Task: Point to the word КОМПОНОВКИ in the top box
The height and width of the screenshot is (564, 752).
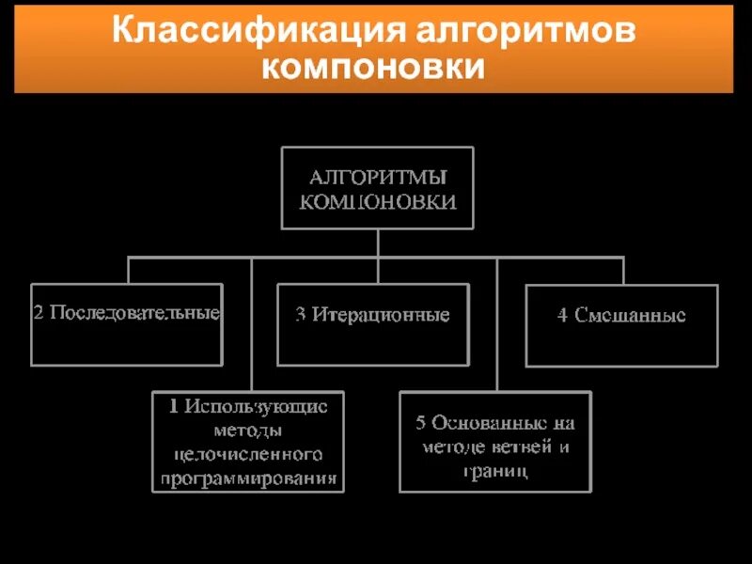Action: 378,201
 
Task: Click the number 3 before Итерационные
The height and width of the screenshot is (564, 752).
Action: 300,314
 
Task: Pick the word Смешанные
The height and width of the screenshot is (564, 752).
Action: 630,315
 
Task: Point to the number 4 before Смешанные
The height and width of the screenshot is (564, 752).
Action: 561,315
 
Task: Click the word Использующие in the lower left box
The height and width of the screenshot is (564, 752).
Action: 256,407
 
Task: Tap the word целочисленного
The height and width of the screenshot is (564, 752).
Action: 249,455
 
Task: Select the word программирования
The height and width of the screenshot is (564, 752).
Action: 249,478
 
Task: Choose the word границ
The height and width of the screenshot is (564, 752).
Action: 495,470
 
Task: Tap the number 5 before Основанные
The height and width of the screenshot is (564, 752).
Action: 422,423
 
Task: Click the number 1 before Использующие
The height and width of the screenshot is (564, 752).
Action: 174,407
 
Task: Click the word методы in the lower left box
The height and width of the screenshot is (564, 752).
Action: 249,431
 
